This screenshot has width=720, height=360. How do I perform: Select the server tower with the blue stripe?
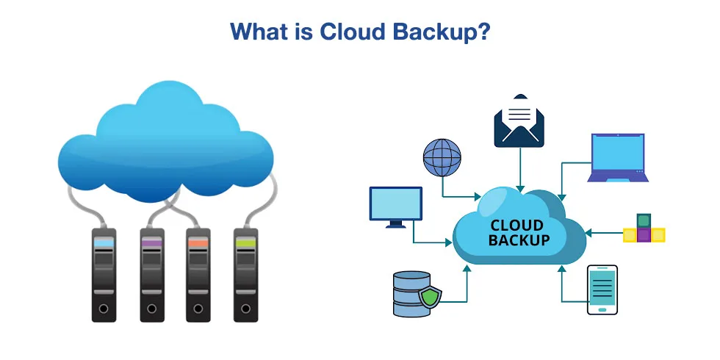(104, 275)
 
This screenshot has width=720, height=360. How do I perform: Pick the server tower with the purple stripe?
(151, 275)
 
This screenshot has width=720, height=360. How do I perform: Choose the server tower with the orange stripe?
(198, 275)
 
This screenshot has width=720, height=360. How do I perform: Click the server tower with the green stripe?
(245, 275)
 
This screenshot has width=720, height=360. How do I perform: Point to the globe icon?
(442, 157)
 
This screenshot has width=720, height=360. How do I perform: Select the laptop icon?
(618, 157)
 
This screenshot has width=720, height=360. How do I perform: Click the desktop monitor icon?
(396, 205)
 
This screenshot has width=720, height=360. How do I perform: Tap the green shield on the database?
(430, 297)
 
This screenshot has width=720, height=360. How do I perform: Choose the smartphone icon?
(602, 289)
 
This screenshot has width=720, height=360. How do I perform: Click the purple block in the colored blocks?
(644, 235)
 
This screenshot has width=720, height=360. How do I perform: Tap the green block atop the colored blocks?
(644, 220)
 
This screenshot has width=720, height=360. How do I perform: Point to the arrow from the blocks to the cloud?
(604, 234)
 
